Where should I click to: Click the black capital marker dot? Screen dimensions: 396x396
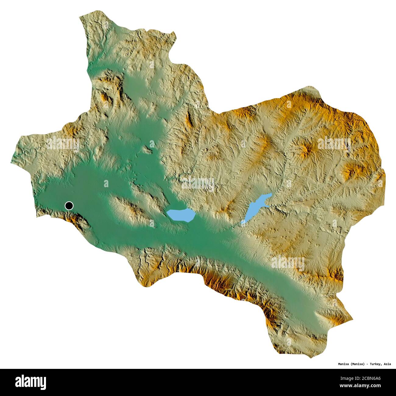point(69,206)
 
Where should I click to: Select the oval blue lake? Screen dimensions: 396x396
point(181,215)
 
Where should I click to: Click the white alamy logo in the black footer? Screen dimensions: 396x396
point(30,382)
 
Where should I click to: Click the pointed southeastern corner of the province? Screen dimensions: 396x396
point(352,319)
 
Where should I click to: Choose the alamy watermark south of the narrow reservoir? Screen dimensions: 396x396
point(288,263)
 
